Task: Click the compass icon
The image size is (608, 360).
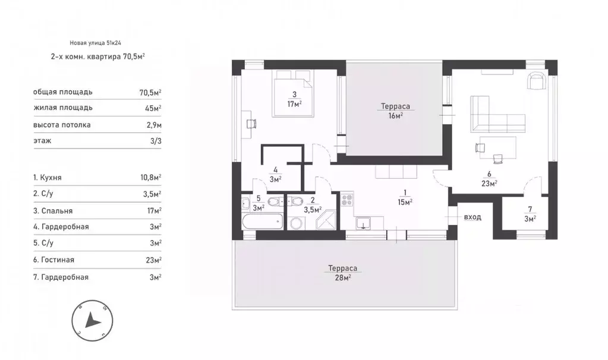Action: (92, 321)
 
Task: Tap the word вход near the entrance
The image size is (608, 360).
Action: (472, 217)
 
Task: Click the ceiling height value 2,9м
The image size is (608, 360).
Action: (154, 125)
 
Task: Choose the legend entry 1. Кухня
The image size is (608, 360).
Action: (48, 178)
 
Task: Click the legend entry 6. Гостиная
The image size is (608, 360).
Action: (53, 260)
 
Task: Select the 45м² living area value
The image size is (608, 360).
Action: (153, 108)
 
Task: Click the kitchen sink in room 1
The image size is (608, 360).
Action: (363, 223)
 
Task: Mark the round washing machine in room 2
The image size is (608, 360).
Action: (296, 223)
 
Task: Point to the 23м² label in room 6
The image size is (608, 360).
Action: (489, 184)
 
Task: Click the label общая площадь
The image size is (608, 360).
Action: (63, 92)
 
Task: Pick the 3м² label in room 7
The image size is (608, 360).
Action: (530, 218)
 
